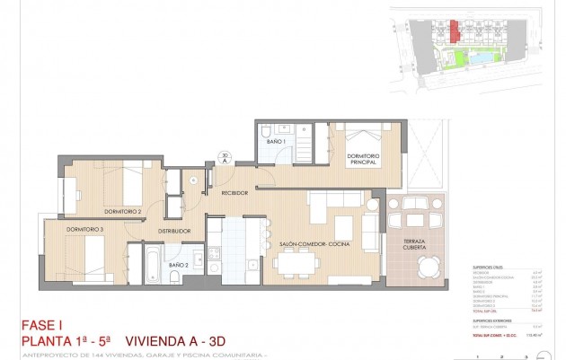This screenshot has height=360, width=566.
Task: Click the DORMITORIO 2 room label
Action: (123, 211)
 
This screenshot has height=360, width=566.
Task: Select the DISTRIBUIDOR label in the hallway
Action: (175, 232)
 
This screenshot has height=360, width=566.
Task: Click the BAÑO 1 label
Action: (276, 142)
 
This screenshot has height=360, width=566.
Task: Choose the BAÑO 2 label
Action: (178, 266)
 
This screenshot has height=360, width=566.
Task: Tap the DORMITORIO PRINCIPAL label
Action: (364, 158)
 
